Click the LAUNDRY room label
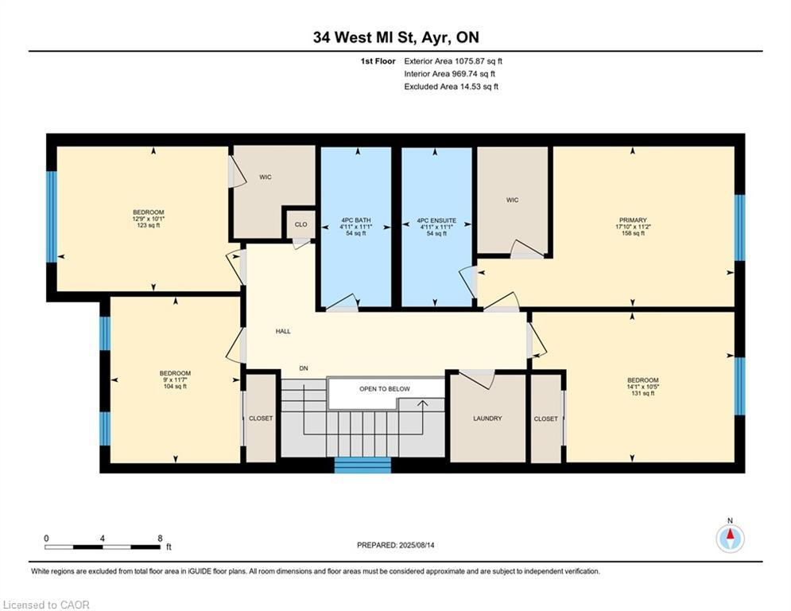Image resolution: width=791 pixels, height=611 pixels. (x=487, y=418)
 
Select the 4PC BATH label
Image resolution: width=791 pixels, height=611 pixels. (x=355, y=220)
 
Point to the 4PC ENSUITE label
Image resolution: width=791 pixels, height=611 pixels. (x=436, y=220)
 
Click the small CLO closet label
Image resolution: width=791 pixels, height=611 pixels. (x=301, y=224)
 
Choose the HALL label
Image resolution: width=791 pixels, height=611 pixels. (x=283, y=331)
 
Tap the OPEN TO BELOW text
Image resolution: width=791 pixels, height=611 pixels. (x=385, y=389)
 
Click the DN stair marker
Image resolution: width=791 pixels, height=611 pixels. (x=304, y=368)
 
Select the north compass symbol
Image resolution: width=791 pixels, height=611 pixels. (x=729, y=539)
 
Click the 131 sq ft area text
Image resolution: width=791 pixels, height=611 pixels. (x=642, y=393)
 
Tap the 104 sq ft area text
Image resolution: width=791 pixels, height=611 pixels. (x=174, y=387)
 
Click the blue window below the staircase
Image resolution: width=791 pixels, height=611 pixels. (x=363, y=465)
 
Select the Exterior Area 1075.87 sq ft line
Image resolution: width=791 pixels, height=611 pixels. (x=453, y=60)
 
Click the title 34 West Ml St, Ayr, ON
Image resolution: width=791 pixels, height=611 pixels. (x=395, y=37)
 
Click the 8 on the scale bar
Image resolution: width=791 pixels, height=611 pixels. (x=160, y=538)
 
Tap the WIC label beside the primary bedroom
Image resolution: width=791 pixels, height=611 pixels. (x=512, y=200)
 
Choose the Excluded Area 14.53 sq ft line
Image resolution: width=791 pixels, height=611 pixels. (x=451, y=87)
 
